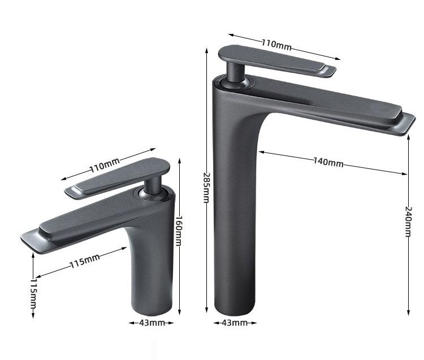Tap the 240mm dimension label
(x=409, y=222)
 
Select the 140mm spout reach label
(x=328, y=162)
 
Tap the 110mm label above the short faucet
(x=105, y=166)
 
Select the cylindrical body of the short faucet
(x=152, y=271)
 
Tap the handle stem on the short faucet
(x=153, y=186)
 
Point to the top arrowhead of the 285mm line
(x=206, y=51)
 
